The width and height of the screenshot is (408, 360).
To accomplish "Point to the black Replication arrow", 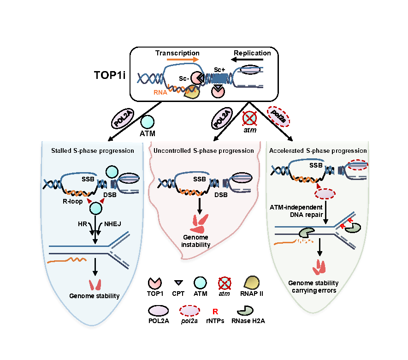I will pos(252,60).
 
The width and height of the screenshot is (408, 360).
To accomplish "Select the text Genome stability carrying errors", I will pos(313,286).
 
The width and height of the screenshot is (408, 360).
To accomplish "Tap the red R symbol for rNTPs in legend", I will pos(214,312).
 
